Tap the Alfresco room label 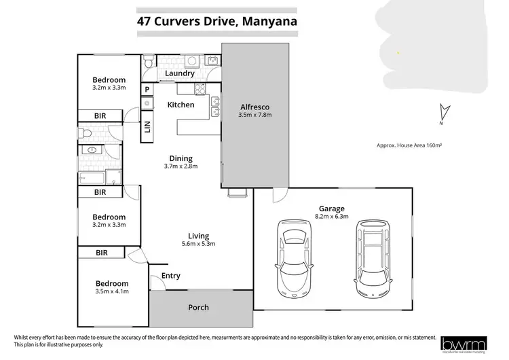coord(255,107)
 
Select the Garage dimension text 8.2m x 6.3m coord(332,217)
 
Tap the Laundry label coord(180,73)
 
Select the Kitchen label coord(181,105)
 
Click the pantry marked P coord(147,89)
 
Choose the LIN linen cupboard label coord(147,126)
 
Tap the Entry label coord(171,276)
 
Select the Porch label coord(198,307)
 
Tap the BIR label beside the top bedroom coord(100,116)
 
